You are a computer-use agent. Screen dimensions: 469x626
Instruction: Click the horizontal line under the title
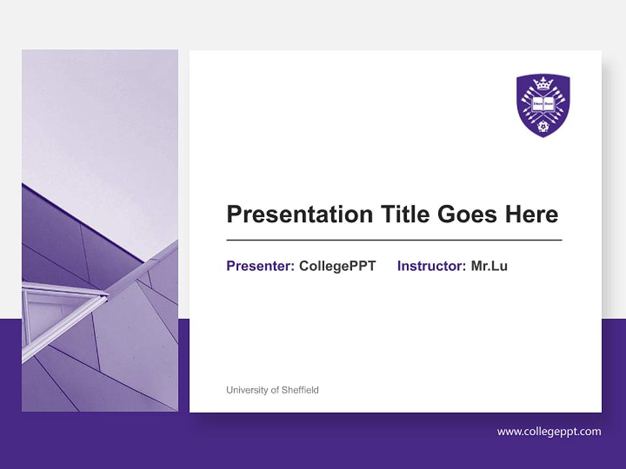click(394, 240)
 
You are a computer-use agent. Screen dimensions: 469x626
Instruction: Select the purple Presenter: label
click(260, 266)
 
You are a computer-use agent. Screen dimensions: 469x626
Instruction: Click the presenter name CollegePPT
click(337, 266)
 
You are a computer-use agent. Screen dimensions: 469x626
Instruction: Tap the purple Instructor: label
click(431, 266)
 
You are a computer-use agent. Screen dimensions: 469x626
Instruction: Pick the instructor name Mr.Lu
click(489, 266)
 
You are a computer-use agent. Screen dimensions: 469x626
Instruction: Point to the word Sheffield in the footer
click(301, 390)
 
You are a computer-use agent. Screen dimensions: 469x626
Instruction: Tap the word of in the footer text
click(275, 390)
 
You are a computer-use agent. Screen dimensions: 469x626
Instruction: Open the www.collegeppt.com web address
click(549, 431)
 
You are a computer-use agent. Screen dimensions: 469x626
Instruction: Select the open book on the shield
click(543, 102)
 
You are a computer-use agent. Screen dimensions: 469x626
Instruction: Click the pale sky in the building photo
click(98, 117)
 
